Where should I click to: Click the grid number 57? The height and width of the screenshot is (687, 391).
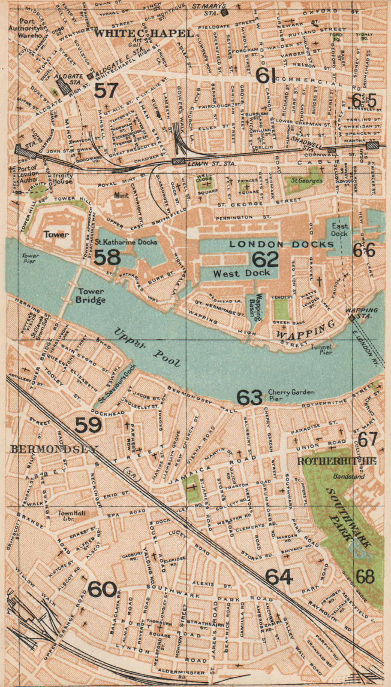point(106,91)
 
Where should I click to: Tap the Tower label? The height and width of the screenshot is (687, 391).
point(56,234)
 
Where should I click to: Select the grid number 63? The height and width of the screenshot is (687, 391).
point(250,398)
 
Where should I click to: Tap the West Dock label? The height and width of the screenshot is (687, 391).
point(242,273)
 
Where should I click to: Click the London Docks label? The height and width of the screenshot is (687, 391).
point(281,244)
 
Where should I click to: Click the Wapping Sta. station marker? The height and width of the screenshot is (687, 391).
point(351,318)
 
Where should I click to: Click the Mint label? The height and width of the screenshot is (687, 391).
point(121,195)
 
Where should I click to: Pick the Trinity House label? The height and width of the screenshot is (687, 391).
point(63,178)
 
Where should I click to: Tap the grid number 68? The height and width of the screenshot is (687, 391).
point(365,577)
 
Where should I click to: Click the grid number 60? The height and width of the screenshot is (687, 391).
point(102,589)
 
